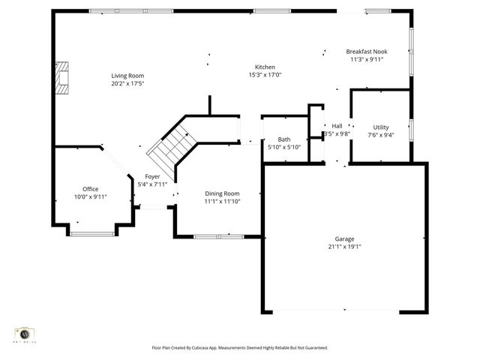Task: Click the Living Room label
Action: click(127, 76)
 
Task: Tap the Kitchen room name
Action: click(265, 67)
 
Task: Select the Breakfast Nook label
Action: click(364, 52)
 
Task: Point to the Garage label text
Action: click(345, 238)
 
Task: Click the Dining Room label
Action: click(222, 193)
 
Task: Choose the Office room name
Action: click(90, 189)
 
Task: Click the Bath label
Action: click(284, 139)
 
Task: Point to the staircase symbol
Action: click(171, 146)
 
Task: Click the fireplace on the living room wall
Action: click(63, 77)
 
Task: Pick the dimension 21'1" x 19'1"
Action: click(345, 246)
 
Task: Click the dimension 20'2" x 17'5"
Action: click(127, 83)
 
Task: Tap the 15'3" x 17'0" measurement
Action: click(265, 74)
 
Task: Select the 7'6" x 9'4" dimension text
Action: click(381, 135)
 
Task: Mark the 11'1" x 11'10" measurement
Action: click(222, 201)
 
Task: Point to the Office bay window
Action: click(92, 234)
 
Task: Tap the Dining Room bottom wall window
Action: click(218, 237)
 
